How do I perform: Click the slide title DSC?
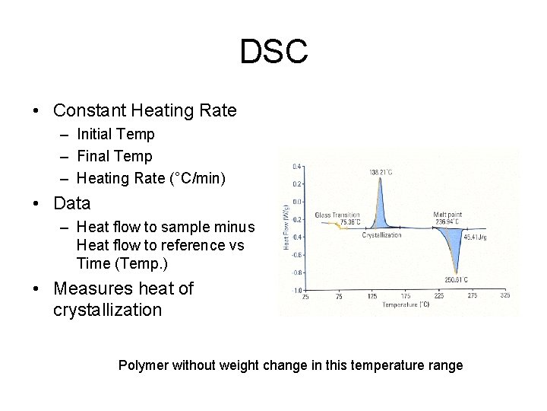coord(273,52)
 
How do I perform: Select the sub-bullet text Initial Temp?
coord(115,134)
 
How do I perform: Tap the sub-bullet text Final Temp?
coord(115,156)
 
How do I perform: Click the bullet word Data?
coord(72,203)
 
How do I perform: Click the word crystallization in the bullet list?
coord(108,310)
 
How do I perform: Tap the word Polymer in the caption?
coord(143,365)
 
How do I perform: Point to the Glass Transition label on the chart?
coord(337,215)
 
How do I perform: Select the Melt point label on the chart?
coord(447,215)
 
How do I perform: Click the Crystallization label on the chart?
coord(381,235)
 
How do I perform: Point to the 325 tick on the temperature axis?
coord(505,295)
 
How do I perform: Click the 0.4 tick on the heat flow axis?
coord(297,166)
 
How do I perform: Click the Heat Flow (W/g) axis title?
coord(286,228)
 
